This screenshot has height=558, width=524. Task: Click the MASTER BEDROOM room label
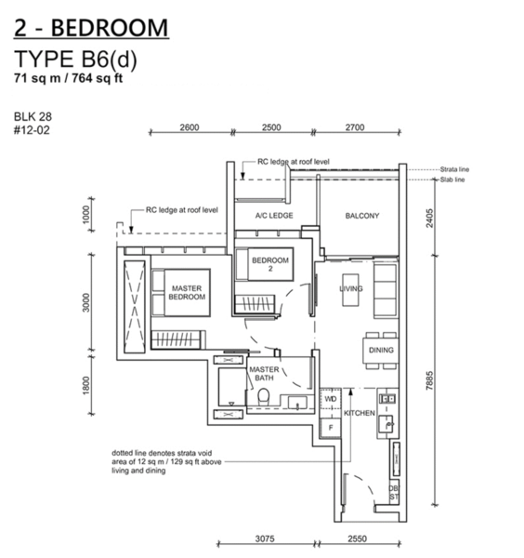[x=187, y=293]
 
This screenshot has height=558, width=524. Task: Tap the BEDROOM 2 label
[x=270, y=264]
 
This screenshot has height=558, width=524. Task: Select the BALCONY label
[x=362, y=216]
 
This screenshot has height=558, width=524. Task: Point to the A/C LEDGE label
[x=274, y=216]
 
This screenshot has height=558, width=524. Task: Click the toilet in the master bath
[x=264, y=396]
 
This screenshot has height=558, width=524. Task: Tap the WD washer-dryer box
[x=330, y=399]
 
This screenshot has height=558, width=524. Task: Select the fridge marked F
[x=330, y=428]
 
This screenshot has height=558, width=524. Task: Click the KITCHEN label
[x=359, y=413]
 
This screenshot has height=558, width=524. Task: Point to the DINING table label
[x=381, y=351]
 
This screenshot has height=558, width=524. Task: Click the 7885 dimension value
[x=430, y=380]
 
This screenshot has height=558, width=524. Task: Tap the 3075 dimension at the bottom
[x=265, y=538]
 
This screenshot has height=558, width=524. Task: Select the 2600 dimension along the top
[x=190, y=127]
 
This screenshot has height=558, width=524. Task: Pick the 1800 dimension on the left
[x=86, y=385]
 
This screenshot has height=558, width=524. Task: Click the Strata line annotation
[x=454, y=169]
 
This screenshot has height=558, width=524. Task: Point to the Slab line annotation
[x=452, y=179]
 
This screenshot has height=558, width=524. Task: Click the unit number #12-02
[x=32, y=130]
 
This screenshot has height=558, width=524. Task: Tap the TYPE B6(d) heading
[x=75, y=60]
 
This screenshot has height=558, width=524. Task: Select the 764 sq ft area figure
[x=98, y=78]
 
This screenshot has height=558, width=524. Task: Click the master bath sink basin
[x=296, y=403]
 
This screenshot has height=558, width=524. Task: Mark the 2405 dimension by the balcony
[x=430, y=219]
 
